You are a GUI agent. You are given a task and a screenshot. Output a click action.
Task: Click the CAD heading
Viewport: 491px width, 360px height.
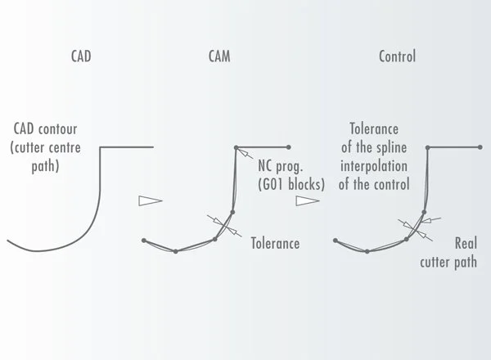point(81,56)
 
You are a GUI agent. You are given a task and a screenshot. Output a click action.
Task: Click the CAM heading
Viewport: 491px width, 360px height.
point(219,56)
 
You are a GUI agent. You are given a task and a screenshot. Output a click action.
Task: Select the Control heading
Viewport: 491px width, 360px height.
point(397,56)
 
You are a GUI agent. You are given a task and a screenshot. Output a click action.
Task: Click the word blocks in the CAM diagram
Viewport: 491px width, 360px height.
point(305,184)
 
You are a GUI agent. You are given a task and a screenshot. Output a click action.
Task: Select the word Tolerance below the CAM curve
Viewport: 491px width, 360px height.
point(275,243)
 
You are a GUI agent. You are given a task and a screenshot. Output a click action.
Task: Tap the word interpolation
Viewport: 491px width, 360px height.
point(374,166)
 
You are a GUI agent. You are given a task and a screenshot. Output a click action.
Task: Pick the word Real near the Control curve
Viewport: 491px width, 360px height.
point(466,243)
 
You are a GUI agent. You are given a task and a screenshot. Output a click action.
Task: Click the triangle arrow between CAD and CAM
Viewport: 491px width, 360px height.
point(151,200)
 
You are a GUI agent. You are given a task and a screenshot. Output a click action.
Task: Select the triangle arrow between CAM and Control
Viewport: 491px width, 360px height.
point(308,200)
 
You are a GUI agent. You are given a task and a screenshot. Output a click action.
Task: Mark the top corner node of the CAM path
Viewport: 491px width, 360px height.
point(236,147)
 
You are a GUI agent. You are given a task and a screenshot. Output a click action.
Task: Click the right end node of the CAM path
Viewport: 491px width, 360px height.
point(289,147)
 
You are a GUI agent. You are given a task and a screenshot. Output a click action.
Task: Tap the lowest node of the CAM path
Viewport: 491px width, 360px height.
point(176,251)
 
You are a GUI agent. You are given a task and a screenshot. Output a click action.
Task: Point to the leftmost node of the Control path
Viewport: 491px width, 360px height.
point(336,241)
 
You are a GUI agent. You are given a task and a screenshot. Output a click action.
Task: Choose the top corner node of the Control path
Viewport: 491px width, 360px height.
point(428,147)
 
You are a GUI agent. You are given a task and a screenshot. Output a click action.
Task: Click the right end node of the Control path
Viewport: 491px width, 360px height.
point(480,147)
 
